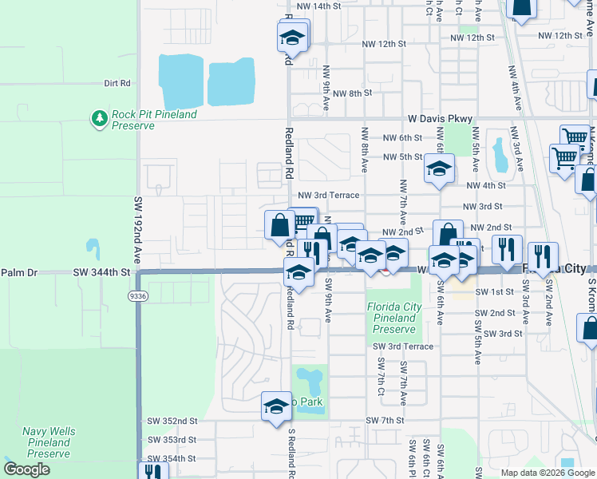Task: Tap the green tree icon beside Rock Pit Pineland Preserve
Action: point(99,119)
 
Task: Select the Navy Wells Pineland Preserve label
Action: point(50,437)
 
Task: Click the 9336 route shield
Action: point(138,296)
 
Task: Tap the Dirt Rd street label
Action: point(117,83)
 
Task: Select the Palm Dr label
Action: point(19,272)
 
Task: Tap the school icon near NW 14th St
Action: point(293,37)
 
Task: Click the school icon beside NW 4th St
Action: point(438,169)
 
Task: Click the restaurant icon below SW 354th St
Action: point(152,471)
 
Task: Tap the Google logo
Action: point(26,469)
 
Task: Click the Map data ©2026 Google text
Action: point(548,472)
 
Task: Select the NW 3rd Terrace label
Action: point(328,195)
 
